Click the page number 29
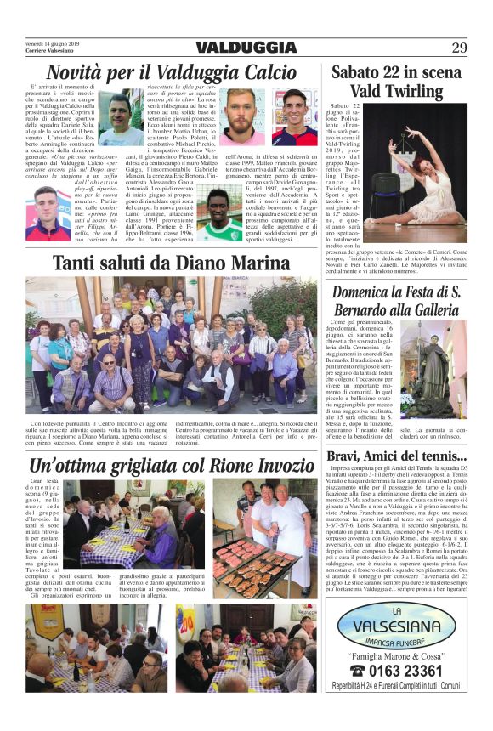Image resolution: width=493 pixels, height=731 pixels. [x=460, y=48]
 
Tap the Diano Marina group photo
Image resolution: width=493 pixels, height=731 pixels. [x=172, y=343]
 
